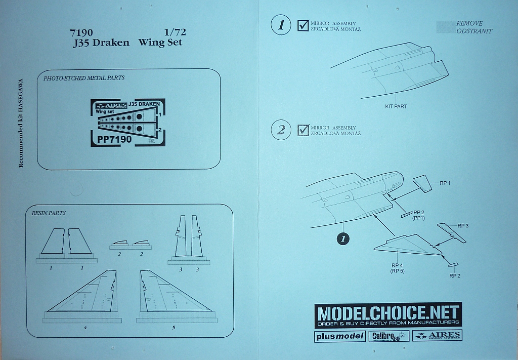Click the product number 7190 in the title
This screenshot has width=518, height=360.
click(x=81, y=32)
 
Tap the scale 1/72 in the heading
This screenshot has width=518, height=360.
click(x=175, y=32)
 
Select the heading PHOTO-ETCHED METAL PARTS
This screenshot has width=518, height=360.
click(x=84, y=78)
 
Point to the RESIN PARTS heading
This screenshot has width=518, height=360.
click(x=49, y=213)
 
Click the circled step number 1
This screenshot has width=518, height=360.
click(x=281, y=25)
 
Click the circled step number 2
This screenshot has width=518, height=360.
click(x=281, y=130)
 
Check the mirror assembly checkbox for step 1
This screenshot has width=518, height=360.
click(x=303, y=25)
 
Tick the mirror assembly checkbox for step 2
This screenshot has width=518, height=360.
click(x=304, y=130)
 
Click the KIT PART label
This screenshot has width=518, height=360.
click(x=396, y=106)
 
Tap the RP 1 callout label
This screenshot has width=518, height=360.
click(x=445, y=183)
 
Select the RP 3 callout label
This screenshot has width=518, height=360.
click(x=463, y=226)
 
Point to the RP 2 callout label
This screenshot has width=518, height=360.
click(x=454, y=275)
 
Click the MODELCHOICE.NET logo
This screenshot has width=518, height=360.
click(x=387, y=314)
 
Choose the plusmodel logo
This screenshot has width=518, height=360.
click(x=339, y=336)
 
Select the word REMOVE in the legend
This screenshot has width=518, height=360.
click(x=469, y=23)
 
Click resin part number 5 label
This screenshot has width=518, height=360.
click(x=174, y=328)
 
